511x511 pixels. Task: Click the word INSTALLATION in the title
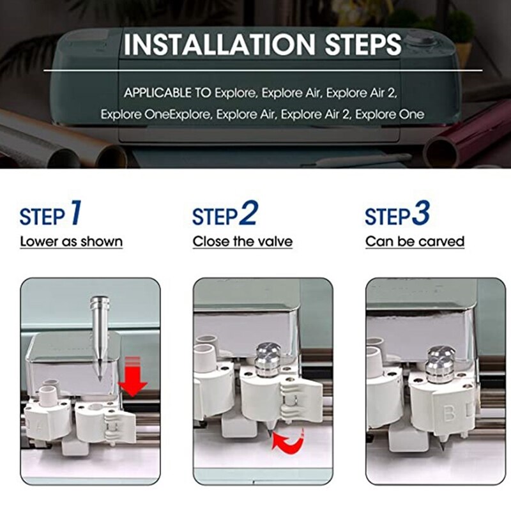click(215, 44)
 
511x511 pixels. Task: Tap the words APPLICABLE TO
click(167, 93)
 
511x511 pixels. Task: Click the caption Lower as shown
click(71, 241)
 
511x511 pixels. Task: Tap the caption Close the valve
click(243, 241)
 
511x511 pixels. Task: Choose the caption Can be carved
click(415, 241)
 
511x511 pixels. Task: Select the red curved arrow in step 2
click(287, 439)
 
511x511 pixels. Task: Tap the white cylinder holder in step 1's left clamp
click(48, 396)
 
